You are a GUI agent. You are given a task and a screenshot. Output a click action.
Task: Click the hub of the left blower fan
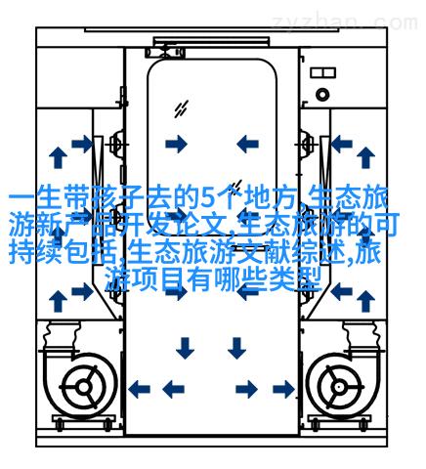click(84, 387)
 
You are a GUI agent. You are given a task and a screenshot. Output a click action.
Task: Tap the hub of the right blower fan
click(339, 387)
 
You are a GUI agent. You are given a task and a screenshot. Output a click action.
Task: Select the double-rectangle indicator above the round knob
click(322, 72)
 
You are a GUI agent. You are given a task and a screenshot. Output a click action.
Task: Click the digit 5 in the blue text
click(207, 197)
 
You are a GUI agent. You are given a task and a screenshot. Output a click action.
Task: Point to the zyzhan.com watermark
click(345, 22)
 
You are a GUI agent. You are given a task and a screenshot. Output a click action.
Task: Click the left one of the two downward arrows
click(185, 348)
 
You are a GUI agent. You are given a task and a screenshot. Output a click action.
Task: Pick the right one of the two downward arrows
click(236, 348)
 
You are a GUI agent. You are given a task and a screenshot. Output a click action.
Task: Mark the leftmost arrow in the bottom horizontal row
click(139, 389)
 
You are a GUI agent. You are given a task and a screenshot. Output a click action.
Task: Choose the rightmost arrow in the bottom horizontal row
click(284, 389)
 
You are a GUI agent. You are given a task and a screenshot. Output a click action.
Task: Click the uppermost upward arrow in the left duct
click(58, 157)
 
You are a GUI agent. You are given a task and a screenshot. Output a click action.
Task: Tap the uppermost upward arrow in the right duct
click(365, 157)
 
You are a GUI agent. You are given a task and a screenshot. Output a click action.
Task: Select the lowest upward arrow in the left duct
click(58, 301)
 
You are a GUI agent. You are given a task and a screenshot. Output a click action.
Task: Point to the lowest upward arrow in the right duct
click(365, 301)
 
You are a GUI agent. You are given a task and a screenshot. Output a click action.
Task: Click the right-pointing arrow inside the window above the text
click(176, 144)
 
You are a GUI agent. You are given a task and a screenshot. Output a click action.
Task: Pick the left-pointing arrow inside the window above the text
click(247, 144)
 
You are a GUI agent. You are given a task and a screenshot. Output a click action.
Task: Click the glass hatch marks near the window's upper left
click(181, 108)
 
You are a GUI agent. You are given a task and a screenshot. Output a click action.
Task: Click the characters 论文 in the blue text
click(212, 224)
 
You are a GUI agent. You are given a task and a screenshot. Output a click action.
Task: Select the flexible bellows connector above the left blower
click(61, 335)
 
